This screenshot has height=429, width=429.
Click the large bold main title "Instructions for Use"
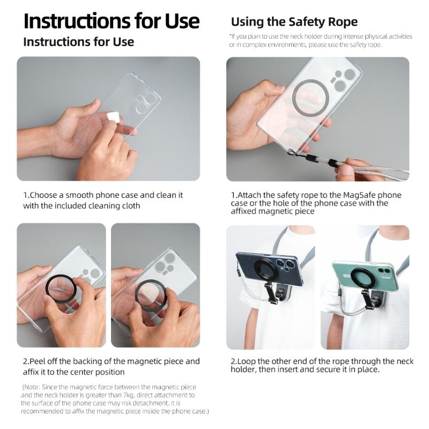pyautogui.click(x=112, y=21)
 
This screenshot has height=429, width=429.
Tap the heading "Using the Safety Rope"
pyautogui.click(x=294, y=22)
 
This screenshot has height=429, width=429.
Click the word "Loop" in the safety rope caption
pyautogui.click(x=247, y=361)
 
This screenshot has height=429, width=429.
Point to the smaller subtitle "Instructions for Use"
pyautogui.click(x=78, y=42)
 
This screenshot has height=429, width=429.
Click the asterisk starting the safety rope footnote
pyautogui.click(x=230, y=36)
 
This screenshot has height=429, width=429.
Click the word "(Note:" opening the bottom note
pyautogui.click(x=32, y=387)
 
